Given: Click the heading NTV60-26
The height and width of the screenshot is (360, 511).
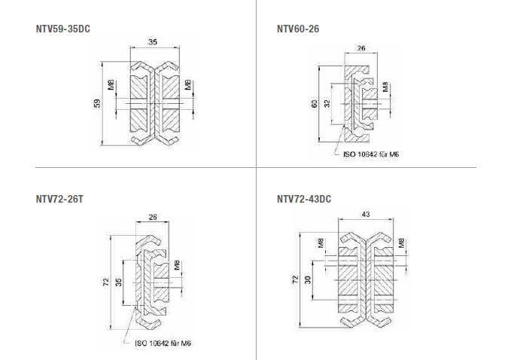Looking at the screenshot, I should (x=297, y=29).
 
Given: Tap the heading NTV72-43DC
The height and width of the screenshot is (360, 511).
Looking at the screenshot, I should (x=304, y=200).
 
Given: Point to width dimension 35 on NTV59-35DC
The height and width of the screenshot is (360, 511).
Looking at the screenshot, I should (x=153, y=42).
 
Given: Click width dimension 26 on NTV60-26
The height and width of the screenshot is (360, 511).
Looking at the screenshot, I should (x=361, y=48).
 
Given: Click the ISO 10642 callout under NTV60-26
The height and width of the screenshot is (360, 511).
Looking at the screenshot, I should (x=371, y=154).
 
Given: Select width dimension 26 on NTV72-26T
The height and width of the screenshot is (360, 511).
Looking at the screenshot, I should (x=153, y=218).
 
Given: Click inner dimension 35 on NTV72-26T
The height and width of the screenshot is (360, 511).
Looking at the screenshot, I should (x=118, y=282).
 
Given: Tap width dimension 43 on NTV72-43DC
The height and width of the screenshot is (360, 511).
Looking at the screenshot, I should (x=366, y=215).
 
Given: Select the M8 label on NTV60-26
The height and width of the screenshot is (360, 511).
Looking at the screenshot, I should (x=386, y=87).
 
